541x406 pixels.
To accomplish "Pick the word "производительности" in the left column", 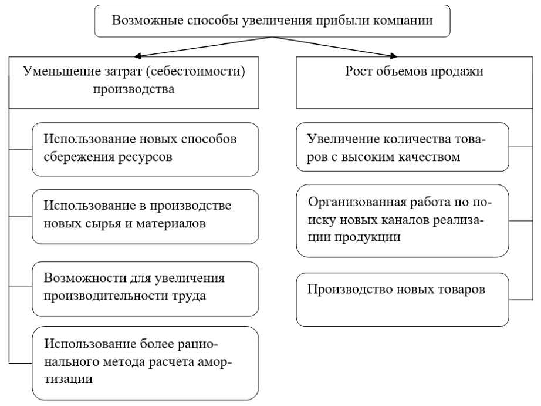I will tap(111, 296).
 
